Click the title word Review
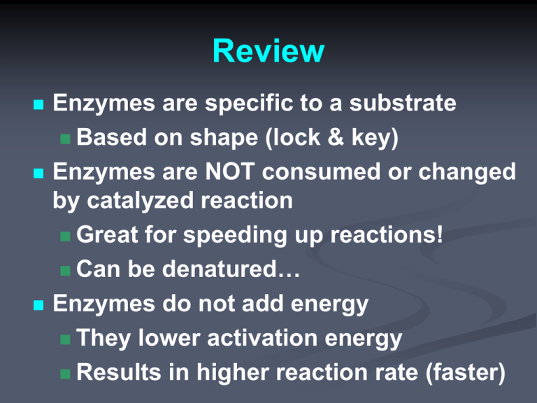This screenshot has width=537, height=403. pyautogui.click(x=268, y=51)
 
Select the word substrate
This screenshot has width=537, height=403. pyautogui.click(x=403, y=103)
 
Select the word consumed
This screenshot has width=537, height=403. pyautogui.click(x=321, y=171)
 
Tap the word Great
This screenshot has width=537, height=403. pyautogui.click(x=107, y=235)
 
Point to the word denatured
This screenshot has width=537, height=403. pyautogui.click(x=219, y=269)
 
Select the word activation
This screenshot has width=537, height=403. pyautogui.click(x=262, y=338)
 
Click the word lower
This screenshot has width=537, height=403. pyautogui.click(x=169, y=338)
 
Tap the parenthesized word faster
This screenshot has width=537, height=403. pyautogui.click(x=466, y=373)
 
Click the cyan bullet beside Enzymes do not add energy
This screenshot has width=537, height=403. pyautogui.click(x=38, y=304)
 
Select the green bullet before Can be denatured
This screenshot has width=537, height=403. pyautogui.click(x=65, y=270)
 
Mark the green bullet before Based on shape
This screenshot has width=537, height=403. pyautogui.click(x=65, y=139)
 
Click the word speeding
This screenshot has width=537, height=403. pyautogui.click(x=235, y=236)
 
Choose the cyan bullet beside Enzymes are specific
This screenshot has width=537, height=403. pyautogui.click(x=38, y=104)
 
